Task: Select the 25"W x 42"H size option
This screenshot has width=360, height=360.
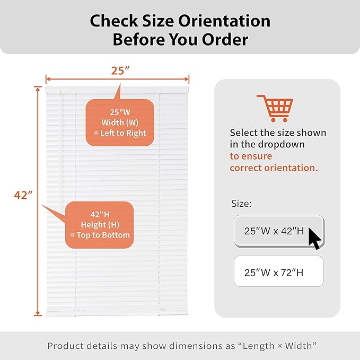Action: (x=279, y=231)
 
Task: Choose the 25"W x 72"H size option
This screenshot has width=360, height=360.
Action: (x=279, y=271)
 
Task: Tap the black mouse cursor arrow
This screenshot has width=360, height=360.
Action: (x=314, y=239)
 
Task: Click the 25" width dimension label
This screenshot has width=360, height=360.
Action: (x=120, y=71)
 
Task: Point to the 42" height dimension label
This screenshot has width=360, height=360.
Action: (x=23, y=195)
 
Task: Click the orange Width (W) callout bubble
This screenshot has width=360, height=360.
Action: (x=120, y=122)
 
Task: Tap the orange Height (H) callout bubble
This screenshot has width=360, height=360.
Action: (x=100, y=225)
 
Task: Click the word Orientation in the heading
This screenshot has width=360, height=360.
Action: (x=224, y=21)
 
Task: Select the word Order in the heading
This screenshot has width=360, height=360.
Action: (x=225, y=39)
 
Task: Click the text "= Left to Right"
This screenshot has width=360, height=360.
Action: (x=120, y=133)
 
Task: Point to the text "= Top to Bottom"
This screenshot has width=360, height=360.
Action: (x=100, y=235)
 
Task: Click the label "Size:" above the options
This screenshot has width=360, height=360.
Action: (x=241, y=204)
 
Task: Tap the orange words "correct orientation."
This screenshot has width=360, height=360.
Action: (x=274, y=168)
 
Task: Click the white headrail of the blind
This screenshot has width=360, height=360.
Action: (x=117, y=90)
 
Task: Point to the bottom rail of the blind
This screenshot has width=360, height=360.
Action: (x=117, y=313)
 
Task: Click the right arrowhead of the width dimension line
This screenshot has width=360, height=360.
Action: (x=187, y=79)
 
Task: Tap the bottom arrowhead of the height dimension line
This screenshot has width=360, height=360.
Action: (x=38, y=314)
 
